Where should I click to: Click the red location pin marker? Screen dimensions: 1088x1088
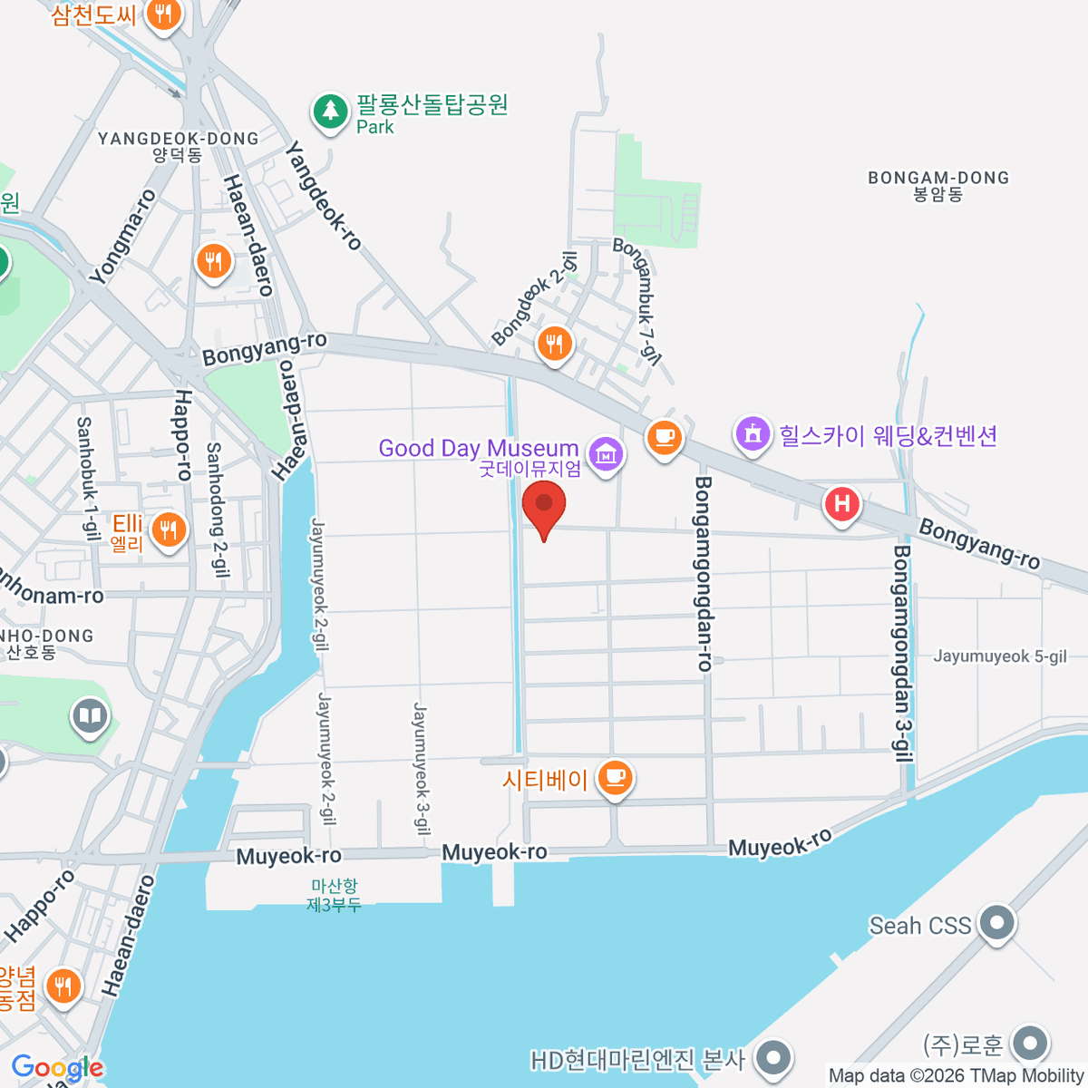(x=544, y=505)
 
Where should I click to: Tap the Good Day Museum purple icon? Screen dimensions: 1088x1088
(x=606, y=452)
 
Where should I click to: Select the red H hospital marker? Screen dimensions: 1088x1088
(x=841, y=503)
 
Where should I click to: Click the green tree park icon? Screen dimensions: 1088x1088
(x=330, y=112)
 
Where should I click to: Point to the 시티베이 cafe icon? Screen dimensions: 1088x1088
(x=616, y=777)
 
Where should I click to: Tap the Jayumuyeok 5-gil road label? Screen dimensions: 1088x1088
(x=1000, y=656)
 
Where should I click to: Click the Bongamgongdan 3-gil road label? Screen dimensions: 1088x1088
(x=903, y=653)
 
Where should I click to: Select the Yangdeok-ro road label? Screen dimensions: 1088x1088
(x=324, y=195)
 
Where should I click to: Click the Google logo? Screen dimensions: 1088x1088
(x=57, y=1068)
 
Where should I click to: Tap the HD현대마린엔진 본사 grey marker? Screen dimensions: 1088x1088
(x=772, y=1056)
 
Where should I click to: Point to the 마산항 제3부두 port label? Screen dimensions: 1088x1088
(x=334, y=895)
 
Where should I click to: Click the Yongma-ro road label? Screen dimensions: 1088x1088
(x=124, y=237)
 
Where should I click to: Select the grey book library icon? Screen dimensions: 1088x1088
(x=89, y=716)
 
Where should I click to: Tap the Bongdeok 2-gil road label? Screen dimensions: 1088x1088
(x=535, y=299)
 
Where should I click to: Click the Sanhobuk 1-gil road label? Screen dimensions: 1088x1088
(x=87, y=478)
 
